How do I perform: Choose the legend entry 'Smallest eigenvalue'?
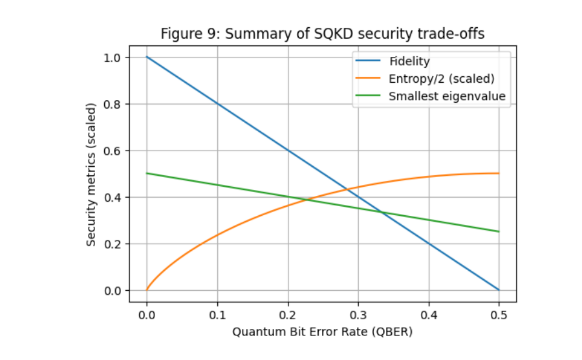[x=447, y=97]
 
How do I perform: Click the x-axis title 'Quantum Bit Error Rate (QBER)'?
[x=322, y=333]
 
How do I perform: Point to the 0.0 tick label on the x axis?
[x=147, y=315]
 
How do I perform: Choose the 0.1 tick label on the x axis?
[x=217, y=315]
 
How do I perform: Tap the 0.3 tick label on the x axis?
[x=358, y=315]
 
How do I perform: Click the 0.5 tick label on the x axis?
[x=499, y=315]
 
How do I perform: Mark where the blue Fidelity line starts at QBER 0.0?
[x=147, y=58]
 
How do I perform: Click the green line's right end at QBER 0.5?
[x=499, y=231]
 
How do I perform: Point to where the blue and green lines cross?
[x=381, y=212]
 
